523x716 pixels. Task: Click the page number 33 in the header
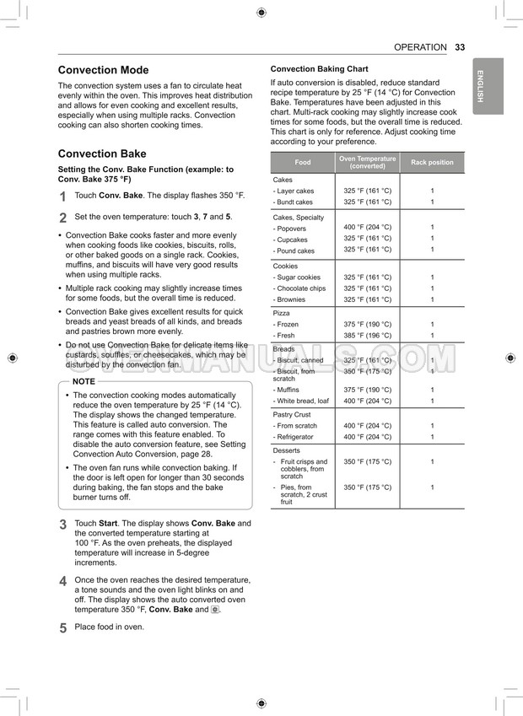[x=460, y=47]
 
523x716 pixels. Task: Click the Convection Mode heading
[x=103, y=70]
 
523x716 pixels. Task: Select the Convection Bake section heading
[x=101, y=153]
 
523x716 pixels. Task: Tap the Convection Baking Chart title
[x=319, y=69]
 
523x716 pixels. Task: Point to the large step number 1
[x=63, y=196]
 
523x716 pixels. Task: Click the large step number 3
[x=63, y=525]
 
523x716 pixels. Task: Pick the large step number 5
[x=63, y=628]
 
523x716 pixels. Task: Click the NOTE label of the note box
[x=84, y=381]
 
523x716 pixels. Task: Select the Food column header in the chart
[x=302, y=163]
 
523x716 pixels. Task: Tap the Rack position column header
[x=432, y=163]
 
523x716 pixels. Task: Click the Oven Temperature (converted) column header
[x=367, y=163]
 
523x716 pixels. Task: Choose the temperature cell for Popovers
[x=367, y=227]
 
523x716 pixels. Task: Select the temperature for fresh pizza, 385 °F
[x=367, y=336]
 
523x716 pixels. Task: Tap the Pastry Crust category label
[x=292, y=415]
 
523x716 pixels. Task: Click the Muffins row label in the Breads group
[x=288, y=390]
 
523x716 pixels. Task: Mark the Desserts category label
[x=287, y=450]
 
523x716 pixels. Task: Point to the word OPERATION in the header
[x=420, y=47]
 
